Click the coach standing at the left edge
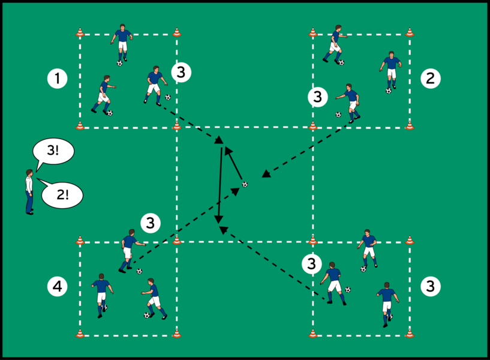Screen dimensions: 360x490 29,192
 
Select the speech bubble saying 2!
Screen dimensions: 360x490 61,194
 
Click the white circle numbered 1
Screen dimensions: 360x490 58,78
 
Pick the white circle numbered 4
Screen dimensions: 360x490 58,287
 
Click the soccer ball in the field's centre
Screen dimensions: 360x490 244,184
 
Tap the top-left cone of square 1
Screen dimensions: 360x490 80,33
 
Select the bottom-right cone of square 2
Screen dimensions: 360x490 410,125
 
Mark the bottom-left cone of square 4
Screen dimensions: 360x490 80,334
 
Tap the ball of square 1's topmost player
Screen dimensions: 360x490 120,62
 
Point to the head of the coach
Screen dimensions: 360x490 28,174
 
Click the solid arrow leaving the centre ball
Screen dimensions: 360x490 235,163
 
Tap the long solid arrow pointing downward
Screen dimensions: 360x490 220,183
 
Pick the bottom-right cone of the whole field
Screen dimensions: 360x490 410,334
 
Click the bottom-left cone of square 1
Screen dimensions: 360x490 80,125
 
